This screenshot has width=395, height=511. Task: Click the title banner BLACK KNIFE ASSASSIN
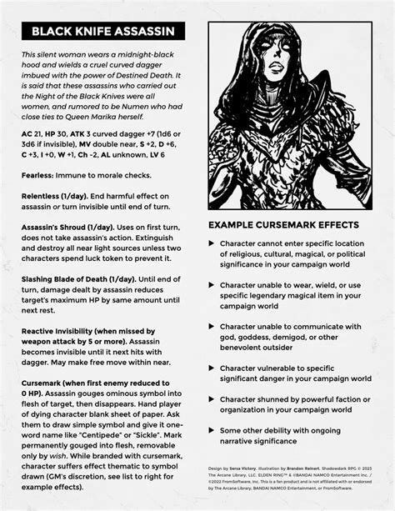pyautogui.click(x=103, y=31)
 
